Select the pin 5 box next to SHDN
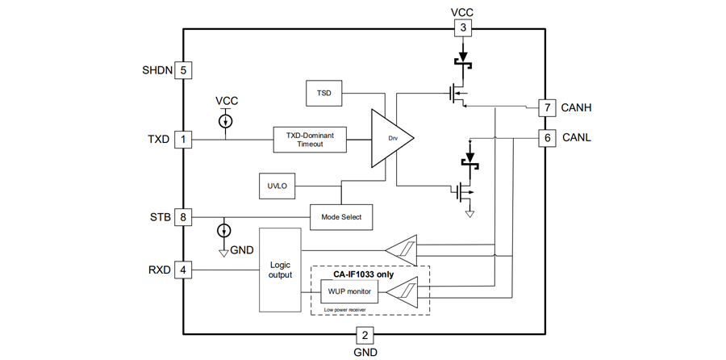[x=184, y=70]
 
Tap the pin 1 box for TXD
[x=184, y=139]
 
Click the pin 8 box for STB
[x=184, y=216]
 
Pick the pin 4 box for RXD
[x=184, y=270]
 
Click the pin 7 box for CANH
[x=548, y=107]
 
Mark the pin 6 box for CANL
[x=548, y=138]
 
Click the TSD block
[x=324, y=94]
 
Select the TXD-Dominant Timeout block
[x=310, y=139]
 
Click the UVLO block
[x=277, y=186]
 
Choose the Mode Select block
[x=342, y=216]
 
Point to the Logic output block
[x=278, y=270]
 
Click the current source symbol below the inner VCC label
[x=227, y=121]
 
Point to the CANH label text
[x=578, y=107]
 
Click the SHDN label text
[x=156, y=70]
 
